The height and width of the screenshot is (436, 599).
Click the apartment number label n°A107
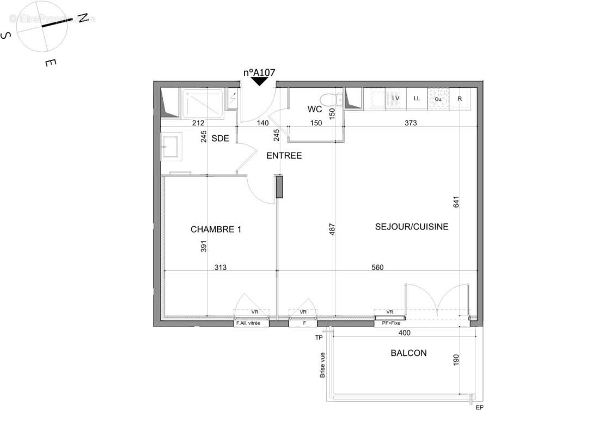[259, 72]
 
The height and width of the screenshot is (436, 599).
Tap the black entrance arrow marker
[259, 82]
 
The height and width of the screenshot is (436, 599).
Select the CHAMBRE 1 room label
[216, 229]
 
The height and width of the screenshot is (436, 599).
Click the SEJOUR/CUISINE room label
[412, 226]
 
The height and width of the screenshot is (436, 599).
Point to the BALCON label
[408, 353]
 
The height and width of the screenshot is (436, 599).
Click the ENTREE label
[284, 156]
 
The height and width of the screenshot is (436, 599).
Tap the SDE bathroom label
[220, 138]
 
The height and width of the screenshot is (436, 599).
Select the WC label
[314, 110]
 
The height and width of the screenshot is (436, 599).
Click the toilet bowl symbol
[328, 99]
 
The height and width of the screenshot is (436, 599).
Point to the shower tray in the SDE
[203, 102]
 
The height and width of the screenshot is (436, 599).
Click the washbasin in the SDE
[170, 148]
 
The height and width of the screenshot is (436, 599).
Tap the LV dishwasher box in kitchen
[395, 99]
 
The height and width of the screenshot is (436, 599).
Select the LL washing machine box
[417, 99]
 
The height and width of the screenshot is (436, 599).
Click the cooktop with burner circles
[437, 98]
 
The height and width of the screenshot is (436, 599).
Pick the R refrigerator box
[460, 99]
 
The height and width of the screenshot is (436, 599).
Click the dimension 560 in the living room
[377, 267]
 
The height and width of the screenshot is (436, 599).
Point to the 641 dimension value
[457, 201]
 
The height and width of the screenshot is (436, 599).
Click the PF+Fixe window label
[390, 323]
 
